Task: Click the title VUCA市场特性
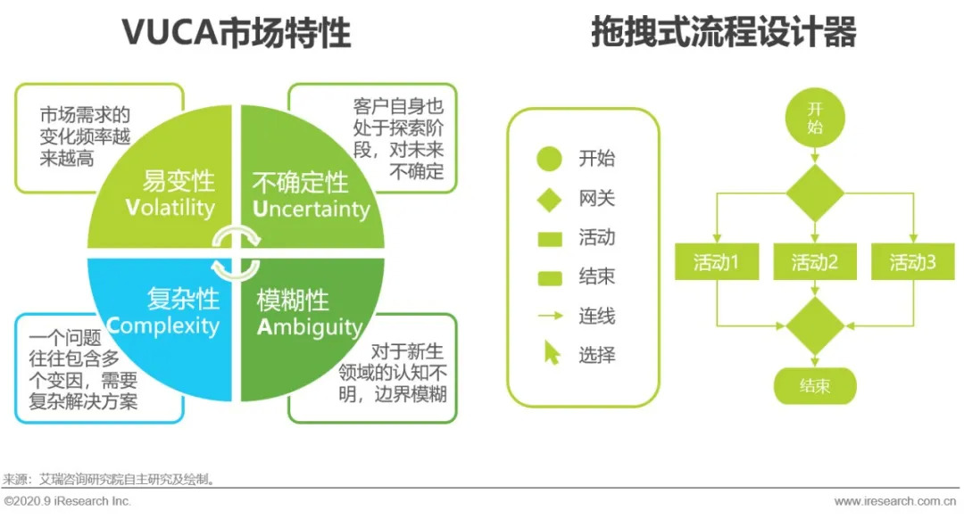click(237, 33)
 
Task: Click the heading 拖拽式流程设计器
click(724, 33)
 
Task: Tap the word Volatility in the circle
click(170, 208)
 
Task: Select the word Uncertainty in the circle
click(311, 210)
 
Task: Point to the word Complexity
click(162, 325)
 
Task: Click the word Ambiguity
click(310, 326)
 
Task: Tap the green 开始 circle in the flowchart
click(814, 118)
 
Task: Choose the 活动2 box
click(814, 262)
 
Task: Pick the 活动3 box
click(912, 262)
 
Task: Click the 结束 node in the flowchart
click(814, 385)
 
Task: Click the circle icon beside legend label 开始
click(549, 159)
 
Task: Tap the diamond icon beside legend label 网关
click(549, 199)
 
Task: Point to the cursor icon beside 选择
click(552, 353)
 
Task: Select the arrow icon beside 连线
click(550, 315)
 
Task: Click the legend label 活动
click(596, 238)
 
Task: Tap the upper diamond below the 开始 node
click(814, 193)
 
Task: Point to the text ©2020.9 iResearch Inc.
click(68, 501)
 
